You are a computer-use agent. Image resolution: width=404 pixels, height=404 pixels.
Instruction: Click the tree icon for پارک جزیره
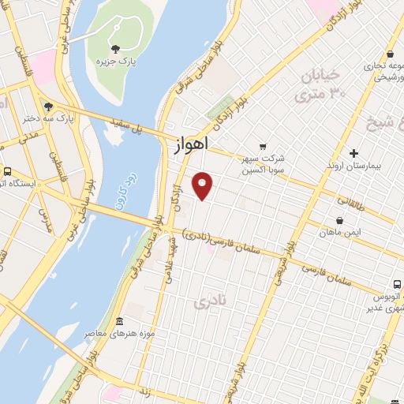[115, 48]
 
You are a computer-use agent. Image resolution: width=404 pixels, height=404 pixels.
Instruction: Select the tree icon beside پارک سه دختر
[49, 106]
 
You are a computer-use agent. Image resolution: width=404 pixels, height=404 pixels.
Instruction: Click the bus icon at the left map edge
[7, 171]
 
